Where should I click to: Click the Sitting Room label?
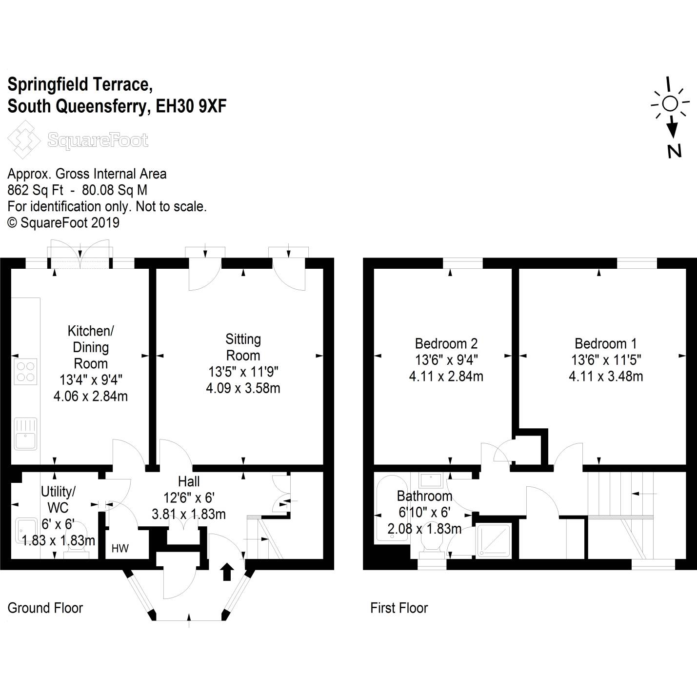pos(243,347)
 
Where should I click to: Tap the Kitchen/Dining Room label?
pos(91,347)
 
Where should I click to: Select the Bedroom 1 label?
pos(605,343)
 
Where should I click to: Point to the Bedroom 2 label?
pos(446,343)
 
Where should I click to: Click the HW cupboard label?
pos(120,548)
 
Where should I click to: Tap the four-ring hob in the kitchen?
pos(25,372)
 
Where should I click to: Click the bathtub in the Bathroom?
pos(388,509)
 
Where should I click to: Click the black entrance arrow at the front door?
pos(227,572)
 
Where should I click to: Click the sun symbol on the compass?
pos(670,103)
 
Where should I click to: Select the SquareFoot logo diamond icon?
pos(23,139)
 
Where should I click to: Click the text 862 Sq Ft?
pos(35,190)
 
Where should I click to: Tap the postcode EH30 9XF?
pos(191,106)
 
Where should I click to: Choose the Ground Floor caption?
pos(45,608)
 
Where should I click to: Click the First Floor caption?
pos(399,608)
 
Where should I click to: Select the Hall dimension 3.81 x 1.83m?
pos(189,514)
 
